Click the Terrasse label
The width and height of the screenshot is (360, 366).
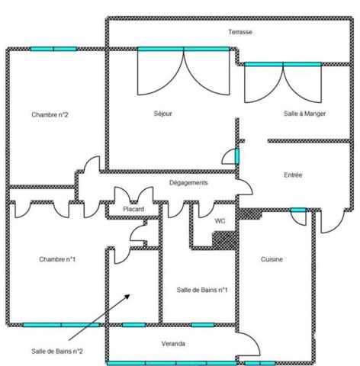click(x=239, y=32)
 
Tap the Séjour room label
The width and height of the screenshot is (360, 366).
click(x=162, y=114)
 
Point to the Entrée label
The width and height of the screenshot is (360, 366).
click(x=293, y=175)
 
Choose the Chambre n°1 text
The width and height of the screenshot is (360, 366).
click(x=57, y=259)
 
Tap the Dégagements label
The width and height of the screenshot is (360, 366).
click(x=188, y=183)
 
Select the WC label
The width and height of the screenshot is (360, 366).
click(x=220, y=220)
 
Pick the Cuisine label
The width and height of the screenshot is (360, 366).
click(x=272, y=259)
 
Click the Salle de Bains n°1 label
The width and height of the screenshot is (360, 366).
click(x=202, y=290)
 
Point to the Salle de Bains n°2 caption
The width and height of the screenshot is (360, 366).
click(x=57, y=351)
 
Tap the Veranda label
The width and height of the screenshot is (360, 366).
click(x=173, y=344)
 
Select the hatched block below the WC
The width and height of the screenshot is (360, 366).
click(x=221, y=239)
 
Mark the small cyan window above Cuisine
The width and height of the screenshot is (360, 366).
click(x=298, y=210)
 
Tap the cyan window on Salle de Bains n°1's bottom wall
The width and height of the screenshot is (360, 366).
click(x=202, y=325)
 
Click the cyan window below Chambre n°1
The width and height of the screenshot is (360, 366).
click(x=61, y=325)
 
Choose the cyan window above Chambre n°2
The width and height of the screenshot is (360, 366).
click(x=53, y=49)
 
